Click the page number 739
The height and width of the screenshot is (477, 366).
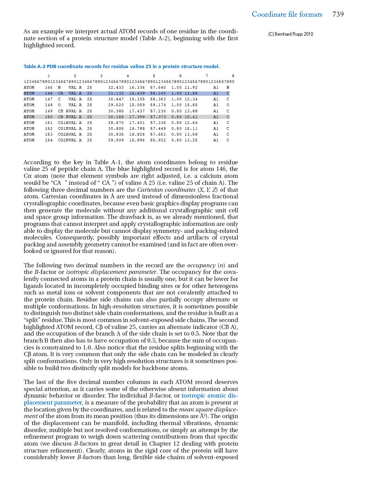click(x=338, y=14)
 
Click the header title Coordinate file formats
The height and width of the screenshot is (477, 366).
click(x=287, y=14)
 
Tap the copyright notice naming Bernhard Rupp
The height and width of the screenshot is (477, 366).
click(x=290, y=34)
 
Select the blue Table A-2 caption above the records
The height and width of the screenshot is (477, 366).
click(x=122, y=67)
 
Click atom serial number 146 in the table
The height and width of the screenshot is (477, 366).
click(x=49, y=93)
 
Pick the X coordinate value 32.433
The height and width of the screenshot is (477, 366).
click(x=116, y=88)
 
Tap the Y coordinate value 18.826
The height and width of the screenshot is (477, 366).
click(x=137, y=134)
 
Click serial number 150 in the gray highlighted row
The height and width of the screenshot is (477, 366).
click(x=49, y=117)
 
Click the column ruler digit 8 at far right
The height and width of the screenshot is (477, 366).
click(x=233, y=76)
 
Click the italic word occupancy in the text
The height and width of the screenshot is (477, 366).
click(x=201, y=265)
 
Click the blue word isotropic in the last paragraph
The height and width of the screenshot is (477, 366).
click(x=194, y=396)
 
